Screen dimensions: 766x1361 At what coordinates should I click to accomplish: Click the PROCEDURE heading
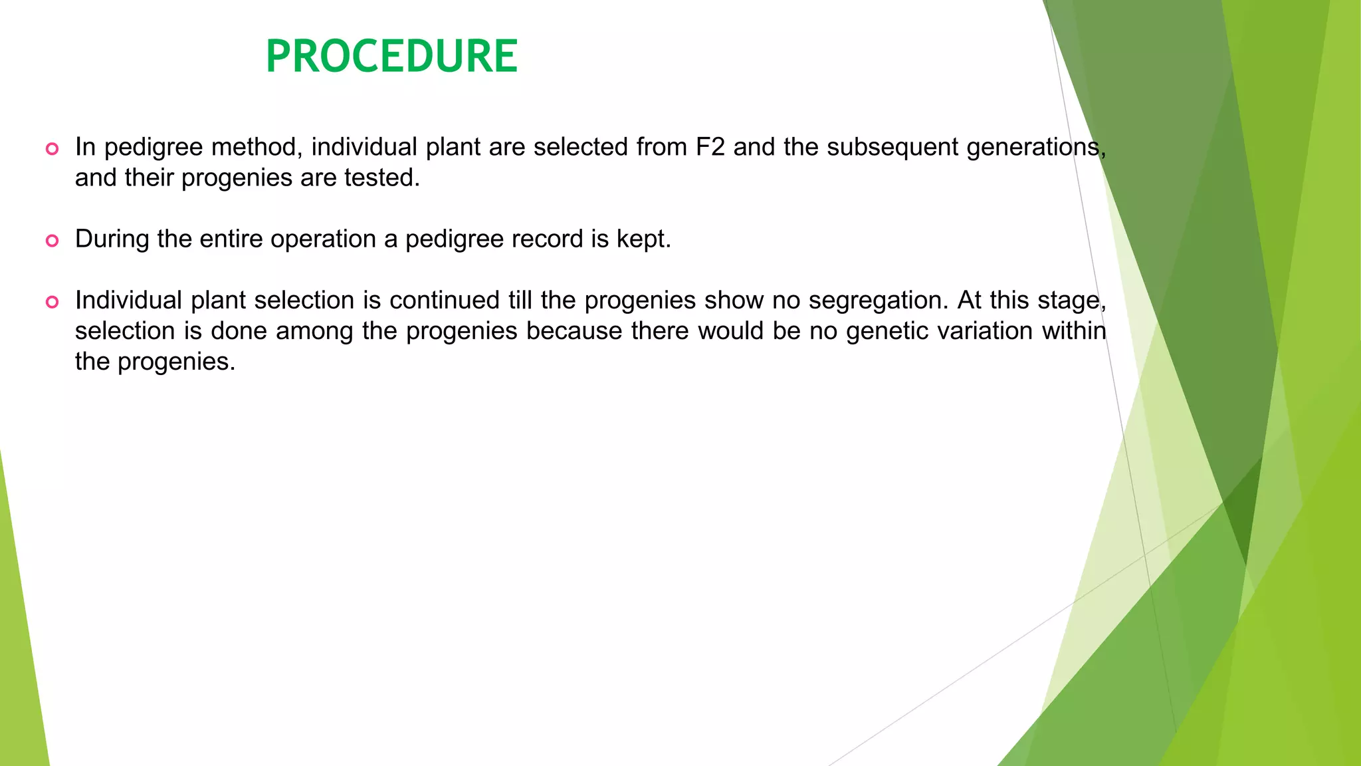click(x=391, y=56)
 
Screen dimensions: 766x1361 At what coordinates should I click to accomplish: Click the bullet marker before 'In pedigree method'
click(x=52, y=148)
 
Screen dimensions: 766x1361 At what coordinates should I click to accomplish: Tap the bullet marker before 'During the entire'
click(x=52, y=240)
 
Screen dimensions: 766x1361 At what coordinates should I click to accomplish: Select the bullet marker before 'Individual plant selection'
click(x=52, y=302)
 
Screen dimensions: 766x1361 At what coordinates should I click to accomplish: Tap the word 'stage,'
click(x=1071, y=301)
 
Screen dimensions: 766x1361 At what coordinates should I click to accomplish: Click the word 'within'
click(x=1074, y=331)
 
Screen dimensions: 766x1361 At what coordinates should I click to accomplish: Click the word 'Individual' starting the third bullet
click(x=128, y=301)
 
